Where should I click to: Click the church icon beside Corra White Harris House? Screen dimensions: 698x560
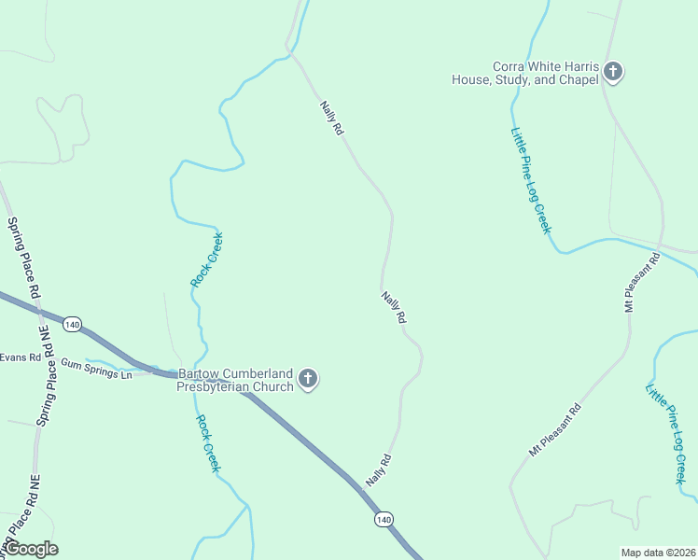point(612,71)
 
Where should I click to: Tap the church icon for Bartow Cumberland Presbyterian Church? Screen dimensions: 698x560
point(309,379)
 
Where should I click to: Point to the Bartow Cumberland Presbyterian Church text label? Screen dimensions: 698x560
point(236,380)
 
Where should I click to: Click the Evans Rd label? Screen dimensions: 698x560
point(21,357)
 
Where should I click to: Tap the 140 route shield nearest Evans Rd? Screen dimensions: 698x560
point(73,324)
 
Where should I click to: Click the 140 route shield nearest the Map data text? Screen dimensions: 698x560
point(384,519)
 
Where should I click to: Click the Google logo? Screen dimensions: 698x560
point(31,549)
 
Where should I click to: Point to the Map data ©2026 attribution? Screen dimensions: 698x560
point(659,552)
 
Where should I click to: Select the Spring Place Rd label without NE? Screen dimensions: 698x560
point(24,258)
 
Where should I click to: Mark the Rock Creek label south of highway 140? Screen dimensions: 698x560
point(208,443)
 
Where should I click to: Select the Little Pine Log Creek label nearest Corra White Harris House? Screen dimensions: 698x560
point(531,180)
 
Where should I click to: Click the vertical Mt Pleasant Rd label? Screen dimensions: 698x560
point(642,282)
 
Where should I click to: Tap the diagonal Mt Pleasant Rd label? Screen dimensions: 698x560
point(554,430)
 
